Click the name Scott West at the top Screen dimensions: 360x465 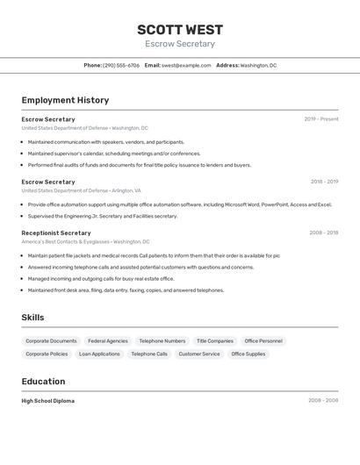click(180, 30)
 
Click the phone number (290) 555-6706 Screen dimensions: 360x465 click(121, 65)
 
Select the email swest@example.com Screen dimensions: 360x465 click(186, 65)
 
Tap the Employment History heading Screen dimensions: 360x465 click(65, 100)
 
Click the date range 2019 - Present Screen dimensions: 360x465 click(321, 119)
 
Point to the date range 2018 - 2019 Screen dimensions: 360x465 click(324, 182)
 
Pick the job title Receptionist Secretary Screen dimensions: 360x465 click(56, 232)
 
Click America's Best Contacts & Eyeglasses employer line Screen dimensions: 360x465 click(85, 241)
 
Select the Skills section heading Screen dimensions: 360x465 click(32, 318)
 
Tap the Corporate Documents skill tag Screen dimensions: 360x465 click(51, 340)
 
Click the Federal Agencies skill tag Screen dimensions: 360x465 click(108, 340)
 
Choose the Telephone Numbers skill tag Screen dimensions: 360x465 click(162, 340)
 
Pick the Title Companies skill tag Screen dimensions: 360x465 click(215, 340)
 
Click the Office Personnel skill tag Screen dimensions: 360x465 click(263, 340)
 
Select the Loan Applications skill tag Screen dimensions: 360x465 click(99, 354)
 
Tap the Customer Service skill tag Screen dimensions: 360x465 click(199, 354)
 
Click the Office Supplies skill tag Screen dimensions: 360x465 click(248, 354)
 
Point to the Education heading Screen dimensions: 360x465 click(43, 382)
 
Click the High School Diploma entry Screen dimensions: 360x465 click(48, 401)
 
